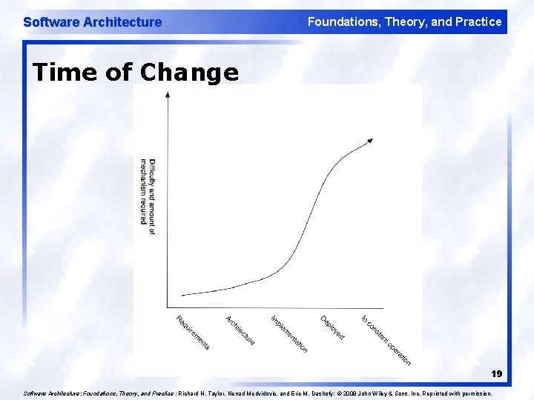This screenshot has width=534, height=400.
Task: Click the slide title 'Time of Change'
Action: tap(136, 73)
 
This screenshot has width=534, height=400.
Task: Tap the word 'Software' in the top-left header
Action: tap(51, 22)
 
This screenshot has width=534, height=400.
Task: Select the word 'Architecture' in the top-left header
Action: tap(122, 22)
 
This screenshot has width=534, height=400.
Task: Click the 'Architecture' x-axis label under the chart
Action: tap(240, 330)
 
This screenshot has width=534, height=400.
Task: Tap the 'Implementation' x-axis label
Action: tap(289, 333)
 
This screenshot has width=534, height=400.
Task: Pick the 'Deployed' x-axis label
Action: tap(332, 328)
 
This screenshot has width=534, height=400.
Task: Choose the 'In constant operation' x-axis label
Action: tap(386, 340)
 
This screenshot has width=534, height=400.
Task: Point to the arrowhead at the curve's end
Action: tap(370, 140)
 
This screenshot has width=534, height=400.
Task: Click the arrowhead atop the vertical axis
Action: tap(168, 94)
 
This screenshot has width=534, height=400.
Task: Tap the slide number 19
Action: tap(495, 374)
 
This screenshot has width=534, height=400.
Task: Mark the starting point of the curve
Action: tap(182, 295)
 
